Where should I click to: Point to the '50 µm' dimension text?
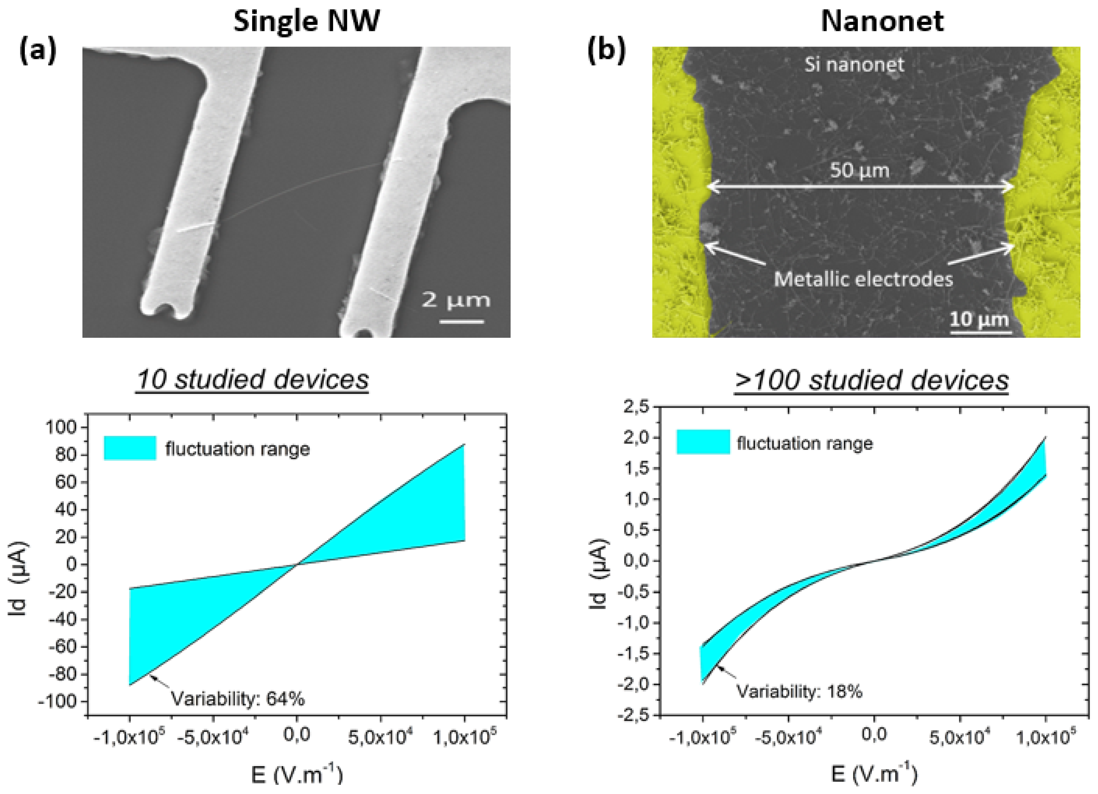pyautogui.click(x=859, y=170)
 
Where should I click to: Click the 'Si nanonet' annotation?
pyautogui.click(x=854, y=64)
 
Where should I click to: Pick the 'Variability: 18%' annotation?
pyautogui.click(x=799, y=692)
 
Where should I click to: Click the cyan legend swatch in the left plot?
pyautogui.click(x=130, y=448)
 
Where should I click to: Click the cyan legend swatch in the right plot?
pyautogui.click(x=703, y=442)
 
